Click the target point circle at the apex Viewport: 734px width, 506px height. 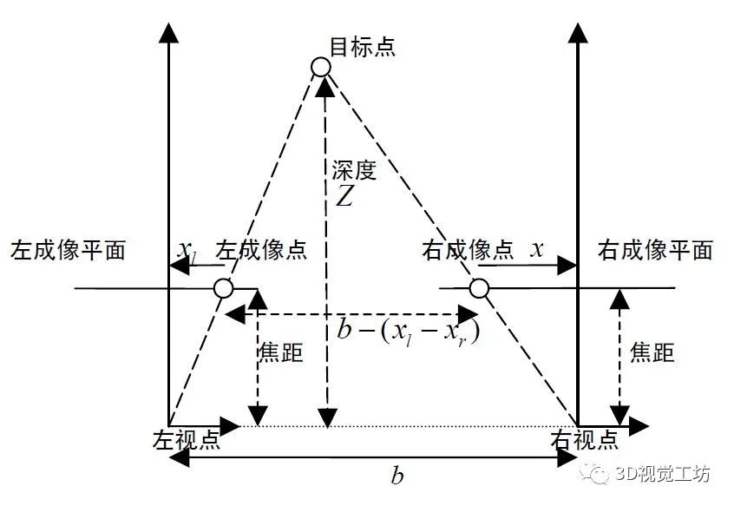(321, 66)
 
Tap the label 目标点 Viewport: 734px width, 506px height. (363, 46)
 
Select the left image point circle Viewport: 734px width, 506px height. (223, 288)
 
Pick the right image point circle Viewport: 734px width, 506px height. (476, 288)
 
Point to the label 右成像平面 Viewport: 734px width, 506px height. (656, 251)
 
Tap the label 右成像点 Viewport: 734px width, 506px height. (468, 251)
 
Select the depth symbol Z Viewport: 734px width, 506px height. (344, 197)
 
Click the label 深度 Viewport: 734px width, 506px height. (354, 170)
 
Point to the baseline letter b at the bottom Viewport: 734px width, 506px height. (396, 476)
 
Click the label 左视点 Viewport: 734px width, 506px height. (186, 439)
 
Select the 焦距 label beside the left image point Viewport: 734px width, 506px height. (281, 353)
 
